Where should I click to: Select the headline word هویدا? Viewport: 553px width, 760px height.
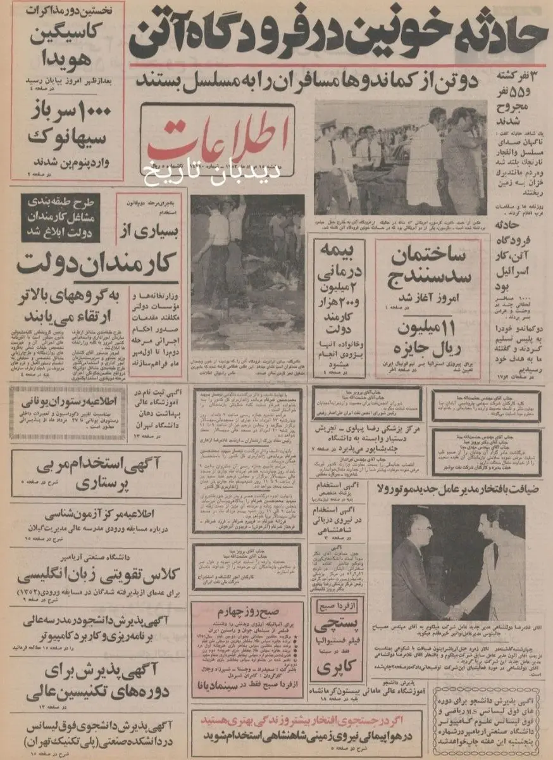[66, 58]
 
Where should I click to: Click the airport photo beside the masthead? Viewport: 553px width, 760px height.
[401, 157]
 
